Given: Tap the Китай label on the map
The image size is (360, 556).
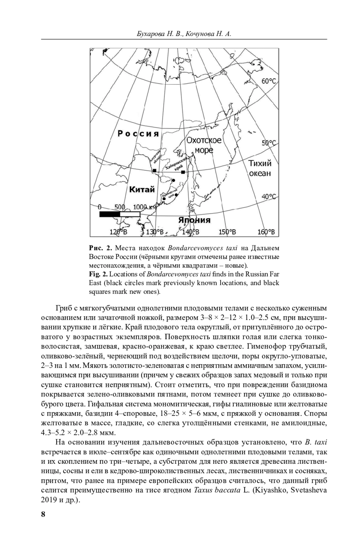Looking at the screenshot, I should [142, 189].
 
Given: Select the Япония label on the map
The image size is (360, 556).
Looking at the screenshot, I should [194, 220].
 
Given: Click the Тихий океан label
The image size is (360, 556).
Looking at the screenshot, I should [260, 168].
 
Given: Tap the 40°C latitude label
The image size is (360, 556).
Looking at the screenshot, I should [269, 197].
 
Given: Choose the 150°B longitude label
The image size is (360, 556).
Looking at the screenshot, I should [227, 232].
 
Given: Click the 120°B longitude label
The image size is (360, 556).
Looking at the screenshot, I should [118, 232].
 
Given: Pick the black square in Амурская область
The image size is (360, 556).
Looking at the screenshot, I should [154, 171].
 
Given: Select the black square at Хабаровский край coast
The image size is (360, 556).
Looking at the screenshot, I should [183, 172].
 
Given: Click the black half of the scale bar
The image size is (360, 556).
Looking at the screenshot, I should [109, 214].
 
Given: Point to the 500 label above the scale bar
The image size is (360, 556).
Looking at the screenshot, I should [120, 207].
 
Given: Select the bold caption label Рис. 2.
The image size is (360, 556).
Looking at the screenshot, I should [100, 248].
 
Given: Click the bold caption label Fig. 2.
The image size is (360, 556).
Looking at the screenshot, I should [98, 274].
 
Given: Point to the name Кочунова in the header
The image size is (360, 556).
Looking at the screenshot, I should [199, 34].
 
